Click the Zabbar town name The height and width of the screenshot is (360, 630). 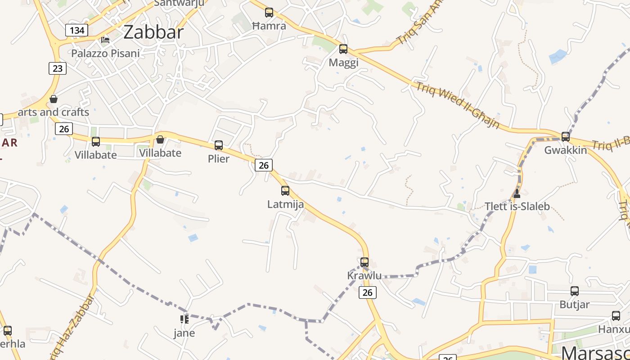click(x=153, y=32)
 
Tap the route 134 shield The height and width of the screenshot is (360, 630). click(x=76, y=30)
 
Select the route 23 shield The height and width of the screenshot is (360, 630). click(x=57, y=68)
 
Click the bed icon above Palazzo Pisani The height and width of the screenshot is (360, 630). click(x=105, y=40)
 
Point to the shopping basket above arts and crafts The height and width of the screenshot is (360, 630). click(x=54, y=99)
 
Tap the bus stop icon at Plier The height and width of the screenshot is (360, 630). click(x=219, y=145)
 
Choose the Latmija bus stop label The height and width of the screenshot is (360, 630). click(x=285, y=204)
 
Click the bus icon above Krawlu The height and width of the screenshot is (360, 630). click(x=364, y=262)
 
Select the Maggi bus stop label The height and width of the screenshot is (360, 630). click(x=343, y=63)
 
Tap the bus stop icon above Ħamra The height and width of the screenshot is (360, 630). click(x=269, y=13)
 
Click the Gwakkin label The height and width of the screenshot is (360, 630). click(x=566, y=150)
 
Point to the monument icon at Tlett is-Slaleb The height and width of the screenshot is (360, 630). click(x=517, y=193)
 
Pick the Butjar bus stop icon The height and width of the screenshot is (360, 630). click(x=575, y=291)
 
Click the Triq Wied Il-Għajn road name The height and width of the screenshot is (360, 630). click(x=458, y=105)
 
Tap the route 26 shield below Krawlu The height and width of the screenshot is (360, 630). click(x=368, y=292)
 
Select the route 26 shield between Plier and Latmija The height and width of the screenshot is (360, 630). click(x=264, y=165)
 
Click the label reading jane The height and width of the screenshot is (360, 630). click(x=184, y=333)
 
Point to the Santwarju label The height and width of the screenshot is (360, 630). click(x=179, y=3)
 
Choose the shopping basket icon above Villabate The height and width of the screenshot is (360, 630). click(x=160, y=139)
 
